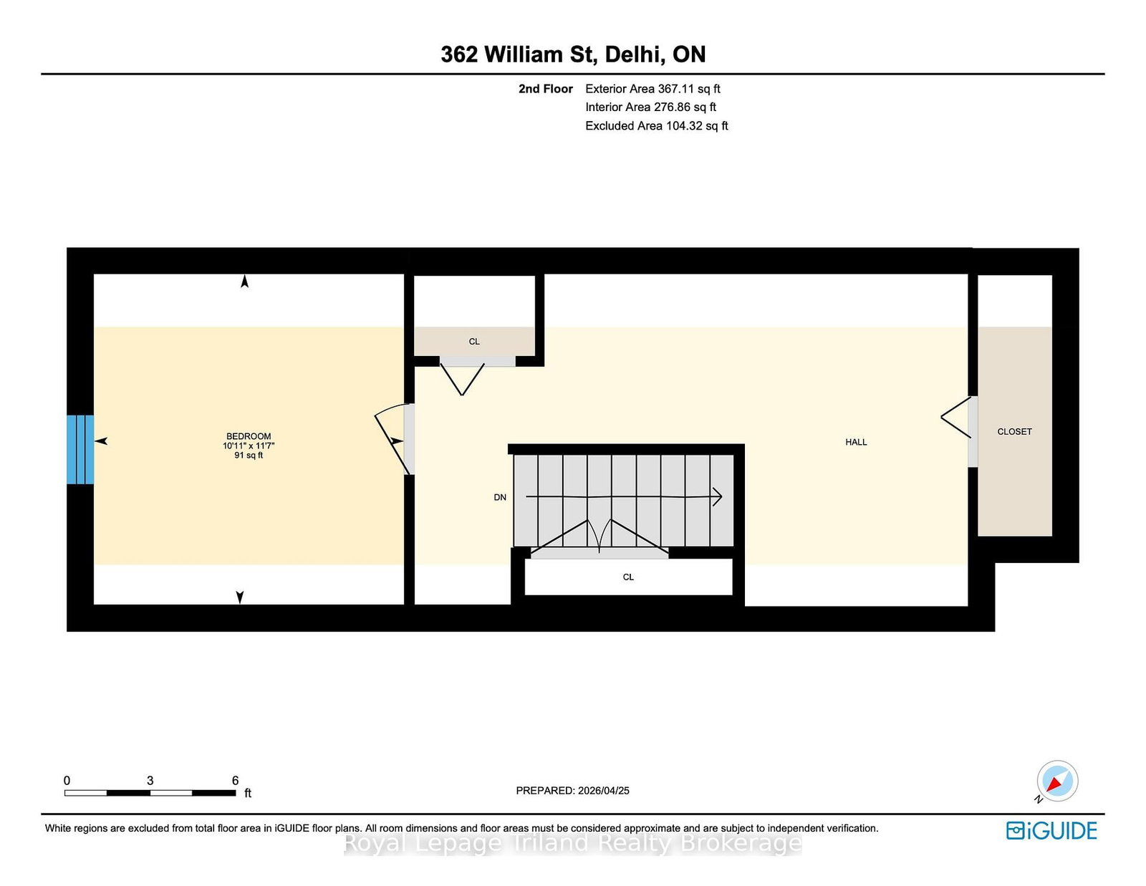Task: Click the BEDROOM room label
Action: coord(249,436)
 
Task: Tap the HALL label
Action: coord(856,442)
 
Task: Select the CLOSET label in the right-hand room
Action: coord(1014,431)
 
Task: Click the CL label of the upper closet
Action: coord(474,342)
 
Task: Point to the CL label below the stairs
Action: coord(628,577)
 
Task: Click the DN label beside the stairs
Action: coord(500,497)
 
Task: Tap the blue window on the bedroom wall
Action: coord(80,449)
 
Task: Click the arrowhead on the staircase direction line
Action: coord(718,496)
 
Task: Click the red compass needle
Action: coord(1055,783)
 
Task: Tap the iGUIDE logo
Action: coord(1051,831)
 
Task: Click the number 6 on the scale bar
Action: coord(235,781)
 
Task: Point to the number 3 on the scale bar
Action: coord(150,781)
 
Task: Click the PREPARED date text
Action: coord(573,791)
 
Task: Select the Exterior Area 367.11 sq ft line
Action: coord(653,89)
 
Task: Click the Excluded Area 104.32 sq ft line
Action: coord(657,125)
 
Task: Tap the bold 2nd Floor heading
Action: coord(545,89)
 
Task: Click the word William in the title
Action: coord(524,54)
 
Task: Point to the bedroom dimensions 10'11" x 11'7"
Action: coord(249,446)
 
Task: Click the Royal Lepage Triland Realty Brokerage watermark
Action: coord(573,843)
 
